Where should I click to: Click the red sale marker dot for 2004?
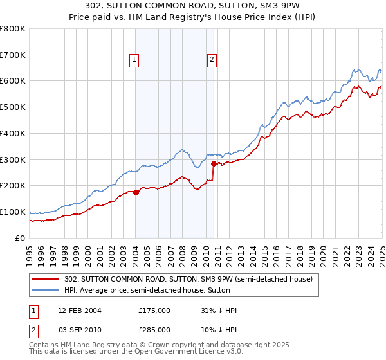pos(136,192)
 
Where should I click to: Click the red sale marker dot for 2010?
pos(213,163)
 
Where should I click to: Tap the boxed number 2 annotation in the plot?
pos(212,60)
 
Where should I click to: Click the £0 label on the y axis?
pos(19,238)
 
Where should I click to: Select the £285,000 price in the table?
pos(154,328)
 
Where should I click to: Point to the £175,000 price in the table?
pos(154,310)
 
